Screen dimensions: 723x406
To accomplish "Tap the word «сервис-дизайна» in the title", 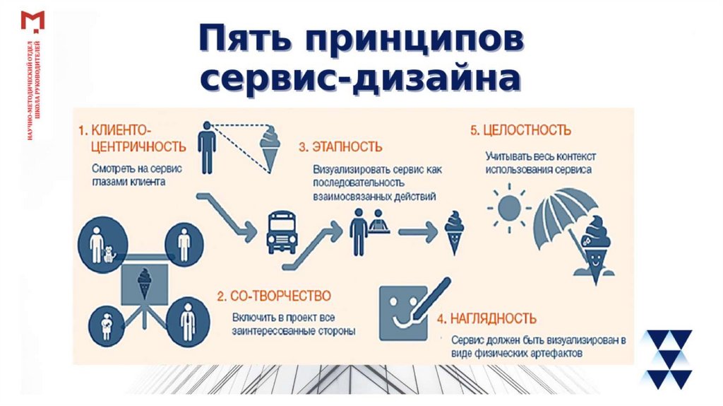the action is click(361, 79).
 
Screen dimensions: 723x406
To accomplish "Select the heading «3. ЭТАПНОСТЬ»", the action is click(340, 147).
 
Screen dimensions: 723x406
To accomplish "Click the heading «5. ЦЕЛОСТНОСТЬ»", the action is click(521, 130).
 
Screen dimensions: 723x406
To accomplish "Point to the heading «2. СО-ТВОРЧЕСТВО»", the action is click(274, 294).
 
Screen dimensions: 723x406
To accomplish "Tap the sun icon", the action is click(507, 208).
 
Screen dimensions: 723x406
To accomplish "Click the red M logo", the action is click(32, 21).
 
